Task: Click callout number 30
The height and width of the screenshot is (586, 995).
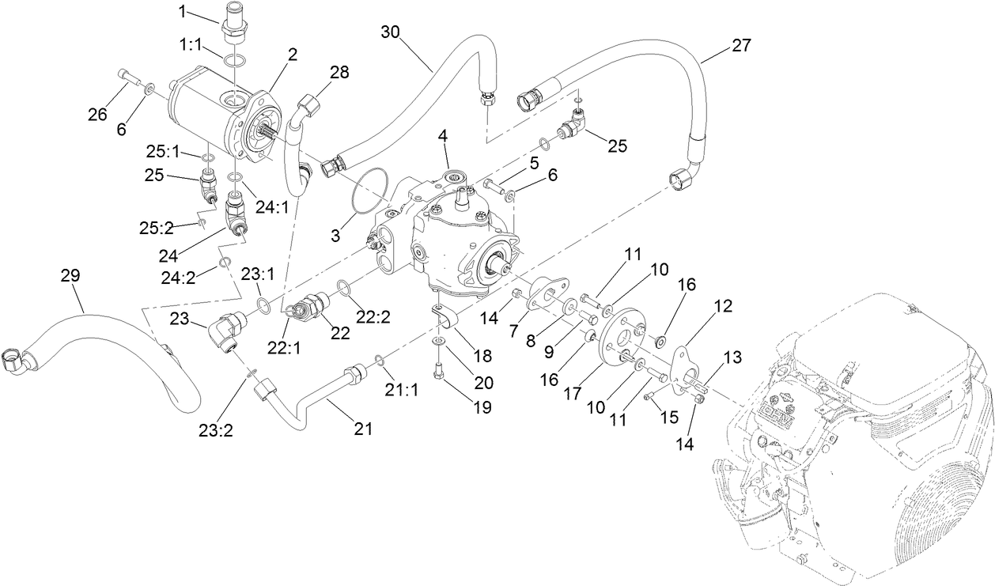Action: [391, 32]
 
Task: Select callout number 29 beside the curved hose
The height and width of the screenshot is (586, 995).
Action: [70, 276]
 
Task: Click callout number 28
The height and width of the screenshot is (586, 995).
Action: [339, 74]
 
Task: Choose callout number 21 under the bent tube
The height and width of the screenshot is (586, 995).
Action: [362, 429]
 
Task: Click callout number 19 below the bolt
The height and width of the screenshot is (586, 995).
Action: [482, 408]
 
